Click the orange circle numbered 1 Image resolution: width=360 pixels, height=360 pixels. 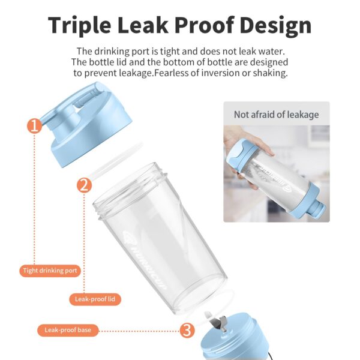(x=34, y=126)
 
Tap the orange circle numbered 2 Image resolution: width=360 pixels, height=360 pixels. (x=84, y=185)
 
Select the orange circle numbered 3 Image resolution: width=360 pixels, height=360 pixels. (x=187, y=331)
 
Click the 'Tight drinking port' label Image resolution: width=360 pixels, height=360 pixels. (x=50, y=271)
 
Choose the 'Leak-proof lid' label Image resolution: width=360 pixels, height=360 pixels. (x=95, y=299)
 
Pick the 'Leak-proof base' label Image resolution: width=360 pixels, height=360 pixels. (x=68, y=330)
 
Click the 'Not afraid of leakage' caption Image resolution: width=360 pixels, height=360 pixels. (x=277, y=115)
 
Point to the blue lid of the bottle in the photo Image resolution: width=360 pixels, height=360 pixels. (x=241, y=152)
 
